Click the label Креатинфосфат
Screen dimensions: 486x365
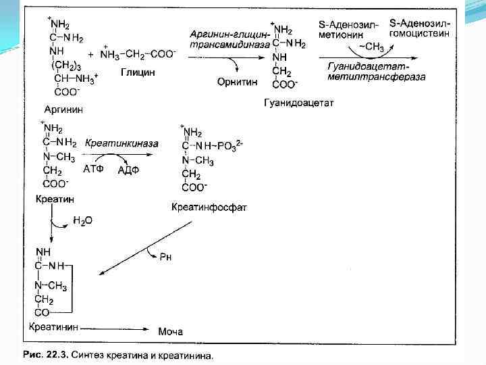pos(209,207)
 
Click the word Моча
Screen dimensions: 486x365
pos(170,331)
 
